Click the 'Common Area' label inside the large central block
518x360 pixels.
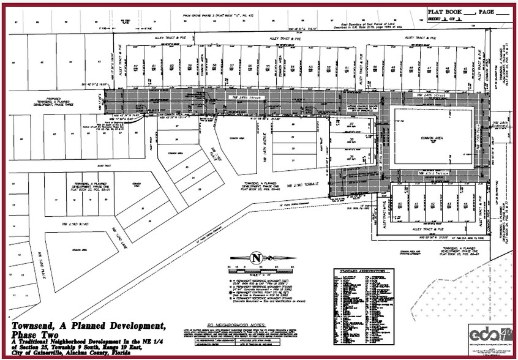[x=433, y=138]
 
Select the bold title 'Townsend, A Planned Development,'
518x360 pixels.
[x=89, y=325]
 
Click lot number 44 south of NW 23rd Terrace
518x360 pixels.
[x=465, y=204]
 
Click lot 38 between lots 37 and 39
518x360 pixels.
[x=352, y=140]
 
